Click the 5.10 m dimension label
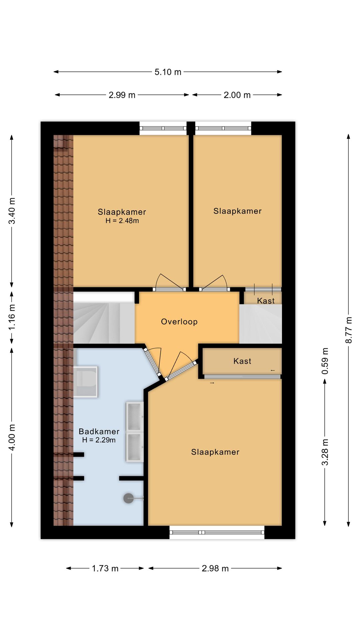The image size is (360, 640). (x=168, y=72)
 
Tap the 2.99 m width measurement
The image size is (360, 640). (x=122, y=95)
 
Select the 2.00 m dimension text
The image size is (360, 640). (x=237, y=95)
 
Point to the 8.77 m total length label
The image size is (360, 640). (x=349, y=330)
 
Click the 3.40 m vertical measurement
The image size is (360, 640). (x=12, y=211)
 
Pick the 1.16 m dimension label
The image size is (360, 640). (x=12, y=317)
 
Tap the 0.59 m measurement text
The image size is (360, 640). (x=325, y=361)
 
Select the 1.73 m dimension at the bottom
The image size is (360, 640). (x=105, y=568)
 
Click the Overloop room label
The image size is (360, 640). (x=179, y=322)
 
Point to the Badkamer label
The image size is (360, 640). (x=99, y=431)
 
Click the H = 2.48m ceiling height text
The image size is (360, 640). (x=122, y=221)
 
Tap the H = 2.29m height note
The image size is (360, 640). (x=99, y=440)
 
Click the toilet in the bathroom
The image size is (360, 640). (x=85, y=382)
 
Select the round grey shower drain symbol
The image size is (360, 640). (x=129, y=498)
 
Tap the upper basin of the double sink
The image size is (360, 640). (x=135, y=417)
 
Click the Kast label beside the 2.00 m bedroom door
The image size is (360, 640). (x=266, y=301)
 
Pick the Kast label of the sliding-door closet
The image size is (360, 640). (x=242, y=361)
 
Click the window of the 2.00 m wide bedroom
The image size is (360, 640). (x=223, y=128)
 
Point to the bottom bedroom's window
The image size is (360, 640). (x=217, y=532)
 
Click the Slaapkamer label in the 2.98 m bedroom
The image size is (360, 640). (x=215, y=452)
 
